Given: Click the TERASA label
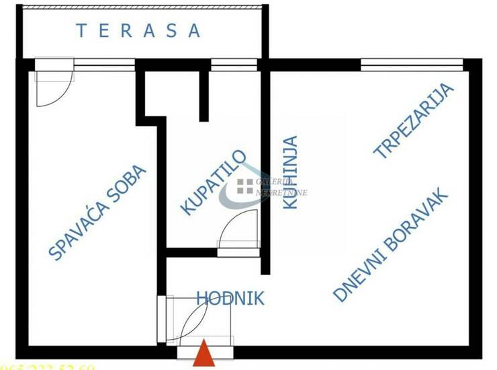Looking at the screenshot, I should [x=138, y=30].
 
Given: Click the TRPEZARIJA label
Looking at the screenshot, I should [x=414, y=122].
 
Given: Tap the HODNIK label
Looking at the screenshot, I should [x=230, y=298].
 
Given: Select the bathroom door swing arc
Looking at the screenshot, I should [x=240, y=230].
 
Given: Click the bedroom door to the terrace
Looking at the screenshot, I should [x=52, y=84].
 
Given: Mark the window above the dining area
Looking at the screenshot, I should [x=411, y=65].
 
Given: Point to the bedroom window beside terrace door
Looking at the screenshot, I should [x=105, y=65].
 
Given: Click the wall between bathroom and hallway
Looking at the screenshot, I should [x=191, y=252].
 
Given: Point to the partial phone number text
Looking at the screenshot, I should [x=47, y=367].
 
